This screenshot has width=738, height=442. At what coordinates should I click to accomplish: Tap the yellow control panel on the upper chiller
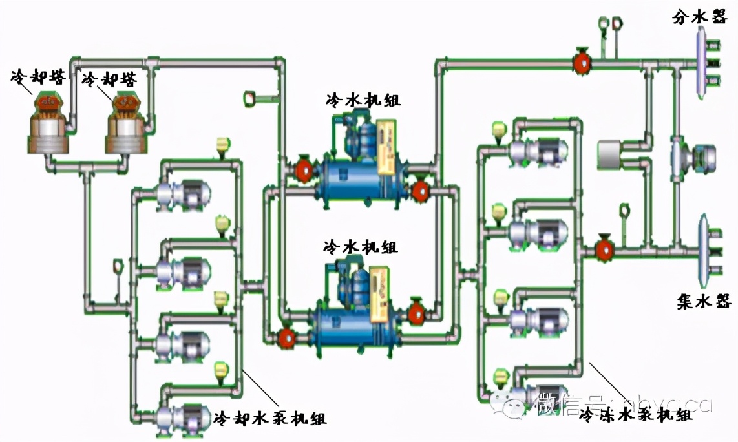pos(390,147)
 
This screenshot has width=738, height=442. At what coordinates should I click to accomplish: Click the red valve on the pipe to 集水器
pos(605,248)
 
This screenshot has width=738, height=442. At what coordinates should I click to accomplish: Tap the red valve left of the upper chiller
pos(303,171)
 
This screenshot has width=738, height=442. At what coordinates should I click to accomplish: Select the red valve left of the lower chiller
pos(285,337)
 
